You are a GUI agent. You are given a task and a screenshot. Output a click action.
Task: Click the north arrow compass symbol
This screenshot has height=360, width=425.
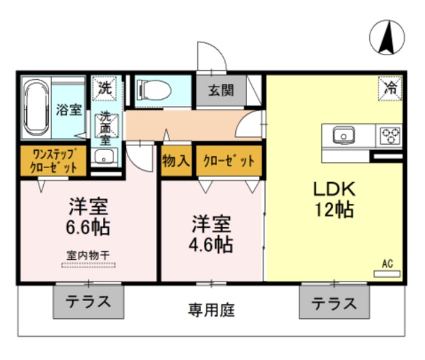(x=386, y=37)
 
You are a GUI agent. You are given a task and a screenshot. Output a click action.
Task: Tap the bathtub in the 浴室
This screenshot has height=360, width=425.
(x=37, y=108)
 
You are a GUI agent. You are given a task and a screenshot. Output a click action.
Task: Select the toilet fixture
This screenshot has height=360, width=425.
(x=153, y=90)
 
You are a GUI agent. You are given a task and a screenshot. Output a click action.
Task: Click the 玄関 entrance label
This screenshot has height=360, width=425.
(x=221, y=90)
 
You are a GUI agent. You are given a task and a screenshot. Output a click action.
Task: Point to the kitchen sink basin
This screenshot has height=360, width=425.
(x=344, y=135)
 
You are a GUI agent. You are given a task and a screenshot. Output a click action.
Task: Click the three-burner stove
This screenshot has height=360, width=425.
(x=390, y=135)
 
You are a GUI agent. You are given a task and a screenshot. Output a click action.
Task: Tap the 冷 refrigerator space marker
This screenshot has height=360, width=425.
(x=390, y=88)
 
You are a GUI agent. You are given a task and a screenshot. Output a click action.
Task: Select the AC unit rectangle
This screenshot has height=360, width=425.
(x=387, y=274)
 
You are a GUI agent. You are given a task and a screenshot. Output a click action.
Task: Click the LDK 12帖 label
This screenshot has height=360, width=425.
(x=334, y=199)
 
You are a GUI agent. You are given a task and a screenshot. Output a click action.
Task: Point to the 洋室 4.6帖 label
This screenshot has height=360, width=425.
(x=211, y=234)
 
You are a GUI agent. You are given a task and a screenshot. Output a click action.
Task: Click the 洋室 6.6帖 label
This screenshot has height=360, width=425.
(x=88, y=216)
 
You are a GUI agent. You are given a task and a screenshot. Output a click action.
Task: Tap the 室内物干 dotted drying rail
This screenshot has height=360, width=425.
(x=88, y=265)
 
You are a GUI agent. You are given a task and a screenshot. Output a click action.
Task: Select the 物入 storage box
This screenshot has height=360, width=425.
(x=177, y=161)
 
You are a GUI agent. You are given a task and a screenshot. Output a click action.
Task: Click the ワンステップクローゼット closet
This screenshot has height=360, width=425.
(x=54, y=161)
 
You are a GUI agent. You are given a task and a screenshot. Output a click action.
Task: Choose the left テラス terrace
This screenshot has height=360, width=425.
(x=88, y=302)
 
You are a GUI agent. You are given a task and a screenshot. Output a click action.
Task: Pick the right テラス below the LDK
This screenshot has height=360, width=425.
(x=335, y=302)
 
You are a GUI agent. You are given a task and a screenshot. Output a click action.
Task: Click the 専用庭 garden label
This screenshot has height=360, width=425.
(x=211, y=310)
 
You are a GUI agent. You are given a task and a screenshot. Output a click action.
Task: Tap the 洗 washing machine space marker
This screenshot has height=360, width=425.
(x=105, y=88)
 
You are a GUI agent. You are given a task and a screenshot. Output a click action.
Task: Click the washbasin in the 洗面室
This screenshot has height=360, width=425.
(x=104, y=157)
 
